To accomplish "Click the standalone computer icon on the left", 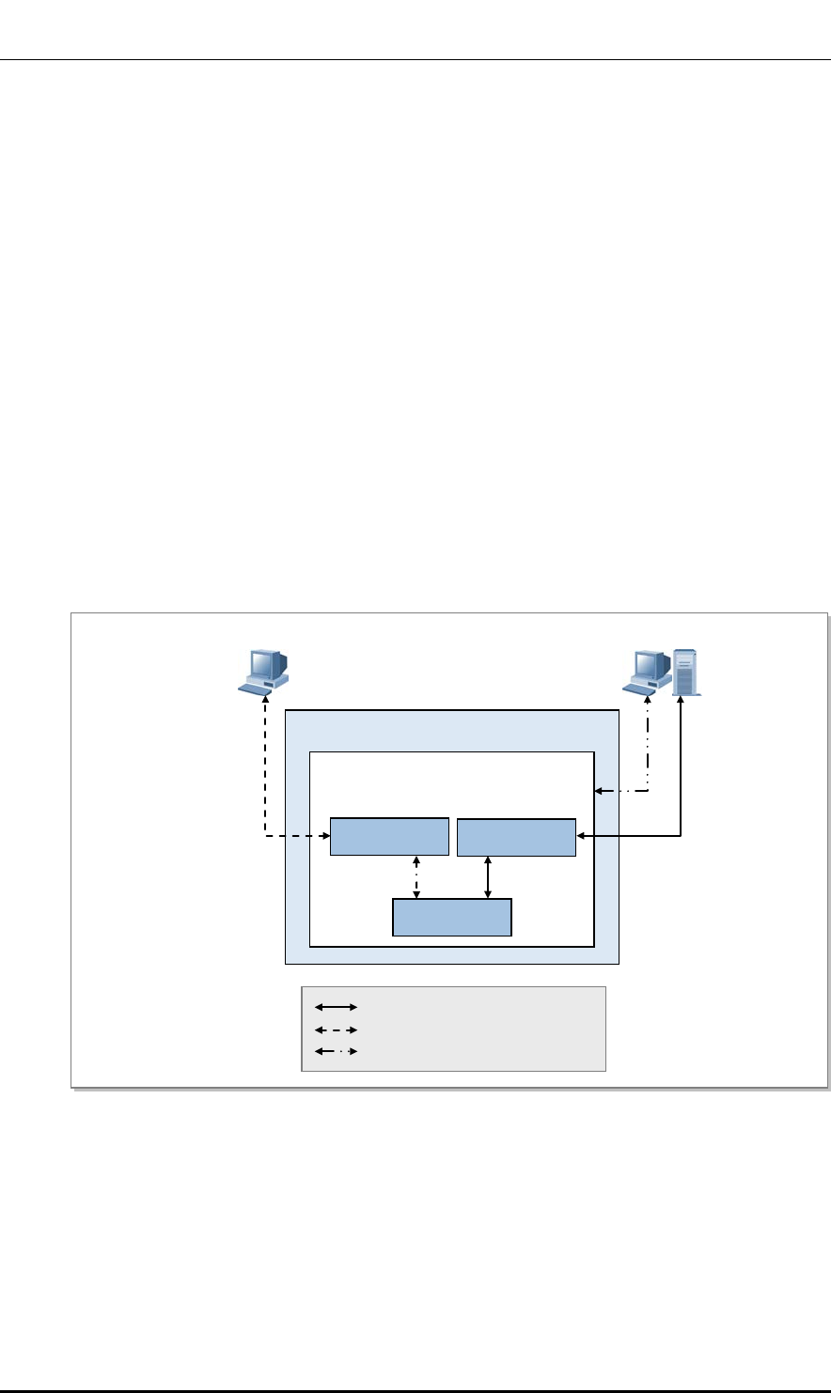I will click(262, 670).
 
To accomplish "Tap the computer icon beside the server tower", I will click(649, 670).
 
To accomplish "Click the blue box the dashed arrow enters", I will click(389, 837).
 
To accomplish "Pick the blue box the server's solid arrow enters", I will click(516, 837).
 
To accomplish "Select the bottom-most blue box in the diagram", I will click(452, 917).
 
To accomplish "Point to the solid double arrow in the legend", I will click(337, 1007).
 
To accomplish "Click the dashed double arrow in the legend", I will click(337, 1029).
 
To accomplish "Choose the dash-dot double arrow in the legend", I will click(337, 1052).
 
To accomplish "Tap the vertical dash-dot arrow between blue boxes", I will click(416, 877).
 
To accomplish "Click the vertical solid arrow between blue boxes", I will click(487, 877).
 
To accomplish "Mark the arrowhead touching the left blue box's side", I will click(325, 835).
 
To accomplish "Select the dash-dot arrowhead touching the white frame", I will click(599, 792).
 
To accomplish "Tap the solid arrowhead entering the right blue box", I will click(581, 835).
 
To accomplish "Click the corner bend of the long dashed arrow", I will click(266, 835).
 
